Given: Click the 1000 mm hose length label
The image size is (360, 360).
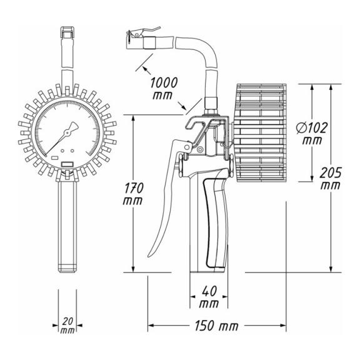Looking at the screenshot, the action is [x=164, y=89].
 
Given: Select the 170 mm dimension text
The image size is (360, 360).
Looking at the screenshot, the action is [x=133, y=194].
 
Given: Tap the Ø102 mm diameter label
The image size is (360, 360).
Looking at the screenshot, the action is [x=311, y=134].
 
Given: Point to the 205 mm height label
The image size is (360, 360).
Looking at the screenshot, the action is [x=331, y=179].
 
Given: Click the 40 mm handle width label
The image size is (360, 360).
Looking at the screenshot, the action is [x=209, y=297].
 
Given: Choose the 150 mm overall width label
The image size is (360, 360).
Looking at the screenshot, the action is [x=216, y=326].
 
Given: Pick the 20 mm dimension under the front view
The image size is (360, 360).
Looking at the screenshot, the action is [x=67, y=326].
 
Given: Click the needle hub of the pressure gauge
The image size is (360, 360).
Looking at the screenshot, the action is [x=67, y=132].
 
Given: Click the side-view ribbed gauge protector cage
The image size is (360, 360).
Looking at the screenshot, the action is [x=261, y=133].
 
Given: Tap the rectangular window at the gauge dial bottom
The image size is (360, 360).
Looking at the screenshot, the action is [x=67, y=164].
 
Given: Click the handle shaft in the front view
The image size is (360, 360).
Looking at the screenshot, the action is [x=67, y=226].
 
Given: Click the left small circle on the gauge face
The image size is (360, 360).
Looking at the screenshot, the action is [x=62, y=151].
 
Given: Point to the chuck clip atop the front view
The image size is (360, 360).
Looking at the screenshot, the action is [x=67, y=32].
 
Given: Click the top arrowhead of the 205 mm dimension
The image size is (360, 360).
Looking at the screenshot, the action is [x=331, y=87].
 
